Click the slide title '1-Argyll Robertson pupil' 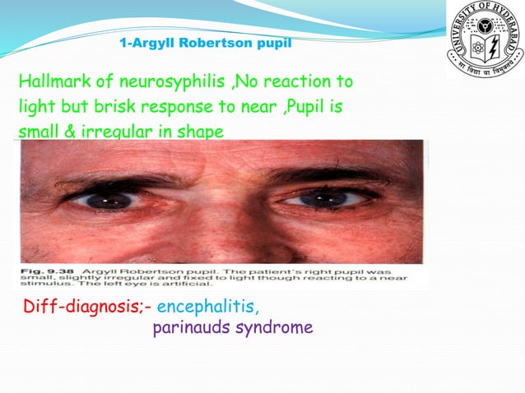pos(205,42)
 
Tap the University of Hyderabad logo pos(485,39)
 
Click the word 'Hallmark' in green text pos(52,82)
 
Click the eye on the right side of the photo pos(329,200)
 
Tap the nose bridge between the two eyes pos(218,206)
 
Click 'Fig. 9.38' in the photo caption pos(42,270)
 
